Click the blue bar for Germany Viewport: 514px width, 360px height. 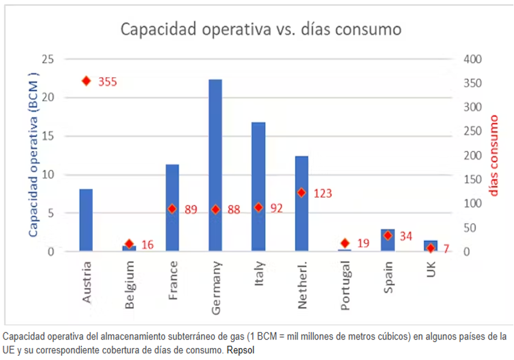point(215,166)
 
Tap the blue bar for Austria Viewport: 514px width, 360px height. point(86,220)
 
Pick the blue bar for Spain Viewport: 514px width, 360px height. point(388,240)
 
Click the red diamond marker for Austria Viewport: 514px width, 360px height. point(86,81)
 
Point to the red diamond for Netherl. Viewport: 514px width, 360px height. point(302,193)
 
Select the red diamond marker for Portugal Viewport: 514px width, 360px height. point(345,243)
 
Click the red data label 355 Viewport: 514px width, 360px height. point(107,82)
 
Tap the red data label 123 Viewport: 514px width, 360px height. point(323,194)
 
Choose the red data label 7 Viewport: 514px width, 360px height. point(447,249)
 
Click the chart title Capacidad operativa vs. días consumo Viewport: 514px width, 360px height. point(261,29)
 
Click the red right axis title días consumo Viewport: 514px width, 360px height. point(494,155)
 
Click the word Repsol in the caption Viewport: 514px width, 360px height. point(241,350)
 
